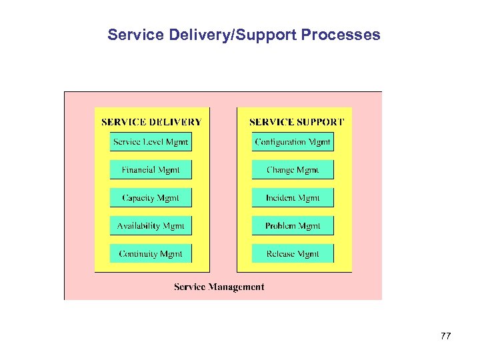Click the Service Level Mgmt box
151,142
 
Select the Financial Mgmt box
151,170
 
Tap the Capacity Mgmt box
151,198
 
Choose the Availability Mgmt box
151,226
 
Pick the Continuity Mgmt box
151,254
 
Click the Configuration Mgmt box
293,142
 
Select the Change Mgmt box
293,170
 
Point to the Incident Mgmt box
293,198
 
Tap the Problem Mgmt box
293,226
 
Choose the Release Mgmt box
293,254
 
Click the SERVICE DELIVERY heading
151,122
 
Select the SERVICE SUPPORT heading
297,122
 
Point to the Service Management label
219,287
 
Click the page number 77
446,337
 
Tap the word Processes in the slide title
341,35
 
